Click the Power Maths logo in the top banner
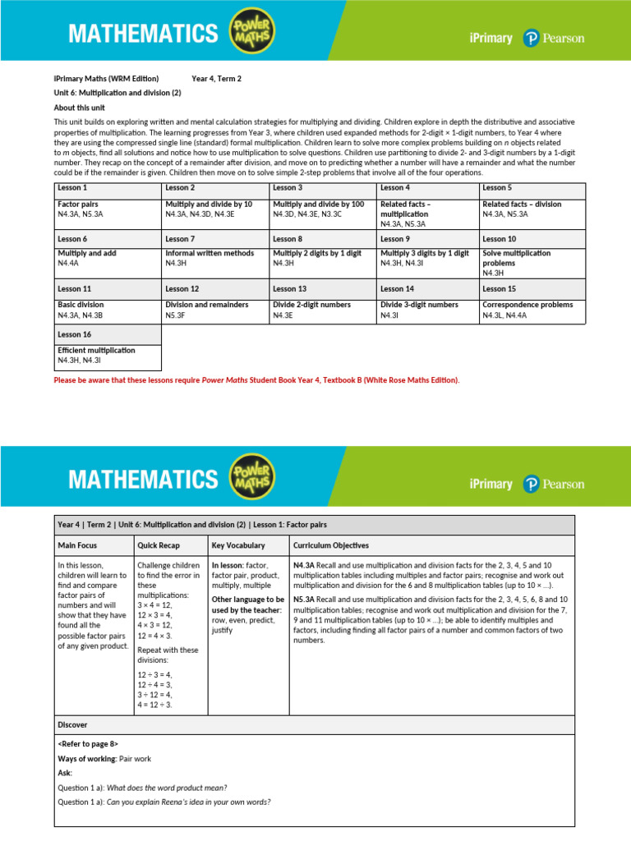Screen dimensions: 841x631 pos(252,34)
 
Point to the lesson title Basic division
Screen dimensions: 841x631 pos(81,305)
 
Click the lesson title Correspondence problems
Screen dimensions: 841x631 pos(527,305)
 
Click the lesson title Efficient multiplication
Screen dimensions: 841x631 pos(96,351)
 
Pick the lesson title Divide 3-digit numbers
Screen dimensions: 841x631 pos(419,305)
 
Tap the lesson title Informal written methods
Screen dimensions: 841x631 pos(210,254)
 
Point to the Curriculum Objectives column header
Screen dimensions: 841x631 pos(331,545)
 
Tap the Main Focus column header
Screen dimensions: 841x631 pos(78,545)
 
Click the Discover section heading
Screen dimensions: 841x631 pos(72,725)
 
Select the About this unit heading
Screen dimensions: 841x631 pos(80,108)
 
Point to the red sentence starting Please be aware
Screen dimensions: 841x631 pos(257,380)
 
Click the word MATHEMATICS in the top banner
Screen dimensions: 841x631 pos(143,34)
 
